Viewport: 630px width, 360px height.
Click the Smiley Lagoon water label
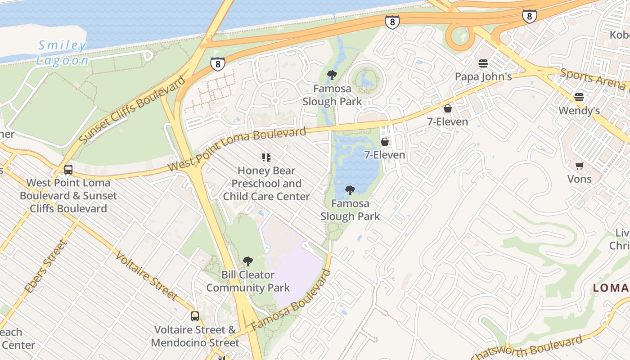62,53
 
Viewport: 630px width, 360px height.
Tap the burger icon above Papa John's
483,63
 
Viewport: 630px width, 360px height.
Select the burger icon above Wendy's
579,97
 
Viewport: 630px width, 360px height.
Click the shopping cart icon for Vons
580,166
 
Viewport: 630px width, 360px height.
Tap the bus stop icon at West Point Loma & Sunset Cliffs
68,170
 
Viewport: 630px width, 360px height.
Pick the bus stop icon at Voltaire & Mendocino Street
194,316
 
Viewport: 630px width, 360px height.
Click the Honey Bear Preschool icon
266,157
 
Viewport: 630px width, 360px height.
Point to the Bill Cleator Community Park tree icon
247,261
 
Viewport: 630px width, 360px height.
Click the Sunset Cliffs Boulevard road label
132,110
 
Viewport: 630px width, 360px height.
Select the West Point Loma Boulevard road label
237,148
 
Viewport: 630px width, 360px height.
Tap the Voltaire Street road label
146,275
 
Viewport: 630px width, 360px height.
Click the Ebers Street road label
45,266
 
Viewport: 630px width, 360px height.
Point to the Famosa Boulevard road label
291,300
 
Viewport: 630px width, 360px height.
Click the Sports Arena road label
594,79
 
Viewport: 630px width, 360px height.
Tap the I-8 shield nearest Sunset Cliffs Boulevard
217,64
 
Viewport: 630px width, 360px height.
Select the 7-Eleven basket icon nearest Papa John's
447,108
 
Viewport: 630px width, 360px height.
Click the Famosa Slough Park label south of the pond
350,210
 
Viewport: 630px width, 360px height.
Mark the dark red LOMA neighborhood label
611,288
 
